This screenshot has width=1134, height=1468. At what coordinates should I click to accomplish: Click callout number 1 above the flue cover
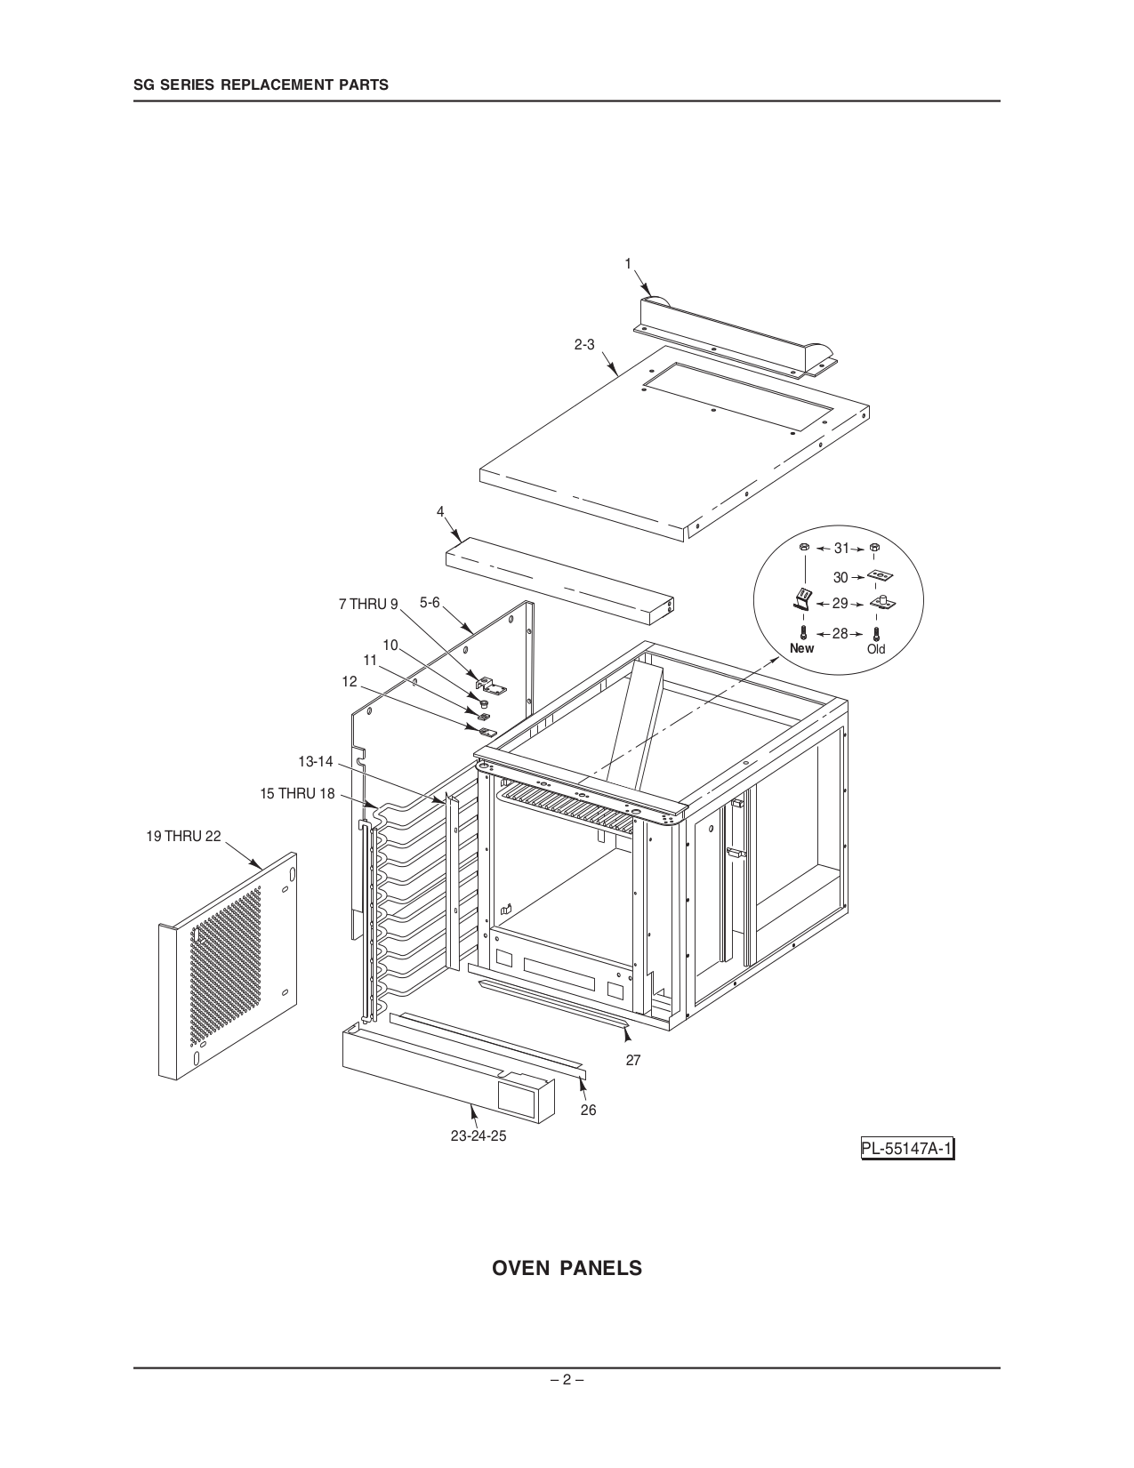(x=628, y=263)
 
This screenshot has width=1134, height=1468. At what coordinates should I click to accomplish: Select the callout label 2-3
(x=583, y=344)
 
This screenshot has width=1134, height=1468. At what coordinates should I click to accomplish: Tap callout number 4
(x=439, y=511)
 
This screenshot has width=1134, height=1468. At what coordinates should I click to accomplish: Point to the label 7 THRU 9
(x=368, y=605)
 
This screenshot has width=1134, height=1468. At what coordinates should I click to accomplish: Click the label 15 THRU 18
(x=298, y=793)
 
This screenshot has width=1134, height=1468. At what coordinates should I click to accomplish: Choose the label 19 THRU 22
(x=183, y=836)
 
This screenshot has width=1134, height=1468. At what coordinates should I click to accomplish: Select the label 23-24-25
(x=479, y=1136)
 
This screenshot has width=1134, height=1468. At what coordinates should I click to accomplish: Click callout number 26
(x=588, y=1110)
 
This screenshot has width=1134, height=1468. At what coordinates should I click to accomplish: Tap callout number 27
(x=633, y=1060)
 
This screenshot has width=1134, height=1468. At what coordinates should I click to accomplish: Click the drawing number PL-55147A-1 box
(x=907, y=1150)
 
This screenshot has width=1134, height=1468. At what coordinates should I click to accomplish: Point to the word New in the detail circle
(x=801, y=648)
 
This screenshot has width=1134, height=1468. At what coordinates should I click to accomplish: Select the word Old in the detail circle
(x=876, y=649)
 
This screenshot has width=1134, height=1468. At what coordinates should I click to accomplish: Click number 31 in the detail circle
(x=840, y=549)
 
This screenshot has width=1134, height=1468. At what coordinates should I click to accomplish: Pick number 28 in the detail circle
(x=840, y=634)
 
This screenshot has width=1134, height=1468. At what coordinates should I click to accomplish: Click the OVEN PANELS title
(x=567, y=1268)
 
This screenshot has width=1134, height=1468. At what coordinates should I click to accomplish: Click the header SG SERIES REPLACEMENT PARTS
(x=261, y=85)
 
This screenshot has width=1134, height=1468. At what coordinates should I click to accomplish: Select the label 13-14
(x=315, y=761)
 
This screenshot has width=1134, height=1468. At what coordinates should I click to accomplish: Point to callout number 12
(x=350, y=681)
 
